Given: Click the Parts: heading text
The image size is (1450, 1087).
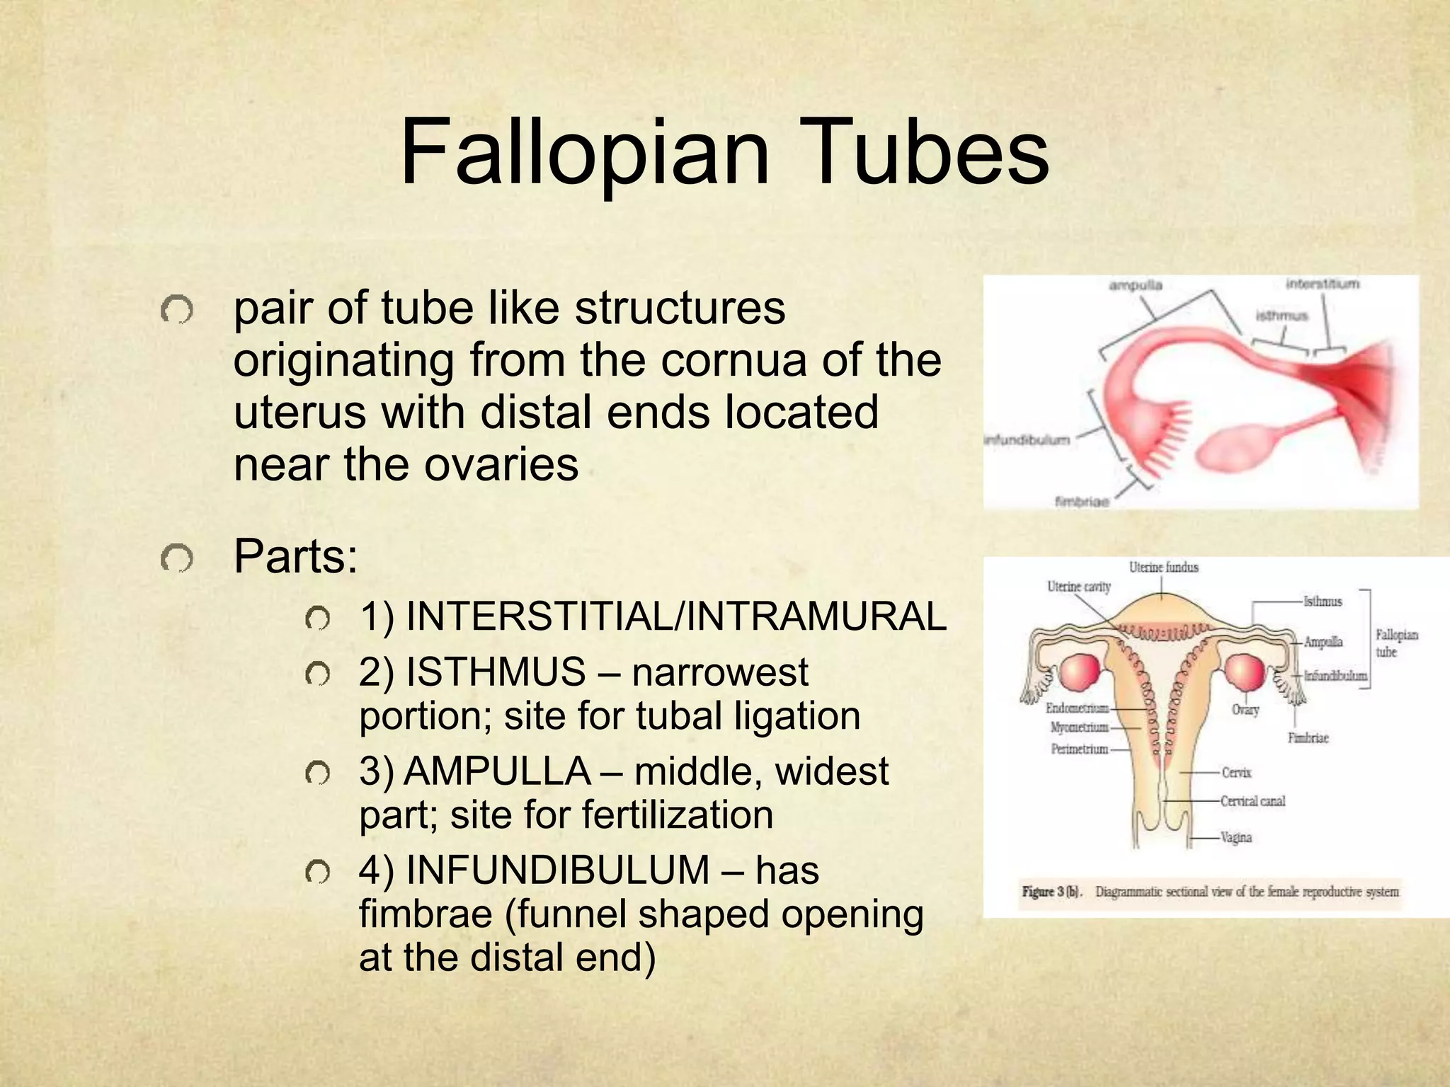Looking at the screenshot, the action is (296, 556).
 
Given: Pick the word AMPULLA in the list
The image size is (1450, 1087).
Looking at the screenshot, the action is (497, 771).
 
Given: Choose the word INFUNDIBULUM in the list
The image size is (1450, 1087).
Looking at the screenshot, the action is (558, 870).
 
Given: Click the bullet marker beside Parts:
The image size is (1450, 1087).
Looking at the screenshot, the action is (176, 560).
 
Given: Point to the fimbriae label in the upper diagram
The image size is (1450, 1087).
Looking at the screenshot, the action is (1082, 502).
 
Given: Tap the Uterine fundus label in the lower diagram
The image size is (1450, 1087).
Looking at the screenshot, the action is (1163, 567).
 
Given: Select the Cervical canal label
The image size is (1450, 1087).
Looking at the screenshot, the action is (1252, 801).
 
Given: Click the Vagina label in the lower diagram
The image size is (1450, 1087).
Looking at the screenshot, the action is (1236, 837).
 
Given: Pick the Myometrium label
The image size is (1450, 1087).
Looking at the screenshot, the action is (1079, 727).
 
